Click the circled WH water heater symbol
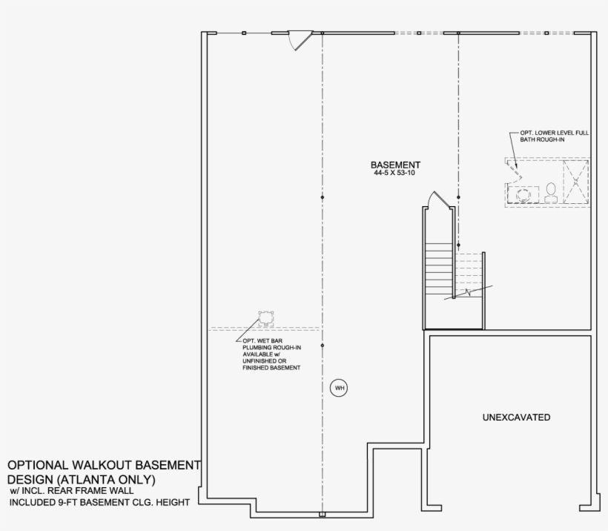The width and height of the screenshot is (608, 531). pyautogui.click(x=340, y=388)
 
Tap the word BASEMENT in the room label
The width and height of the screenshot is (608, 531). pyautogui.click(x=396, y=165)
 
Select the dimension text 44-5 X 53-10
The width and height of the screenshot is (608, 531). pyautogui.click(x=396, y=174)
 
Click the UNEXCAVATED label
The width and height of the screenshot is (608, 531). pyautogui.click(x=516, y=418)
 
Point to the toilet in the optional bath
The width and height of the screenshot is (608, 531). pyautogui.click(x=551, y=194)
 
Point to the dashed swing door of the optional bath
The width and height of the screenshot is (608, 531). pyautogui.click(x=516, y=172)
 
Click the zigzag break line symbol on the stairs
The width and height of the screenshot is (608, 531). pyautogui.click(x=466, y=292)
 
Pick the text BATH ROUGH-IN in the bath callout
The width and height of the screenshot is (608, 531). pyautogui.click(x=541, y=139)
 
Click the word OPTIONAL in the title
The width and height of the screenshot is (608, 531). pyautogui.click(x=39, y=465)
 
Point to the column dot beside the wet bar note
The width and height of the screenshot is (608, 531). pyautogui.click(x=323, y=346)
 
